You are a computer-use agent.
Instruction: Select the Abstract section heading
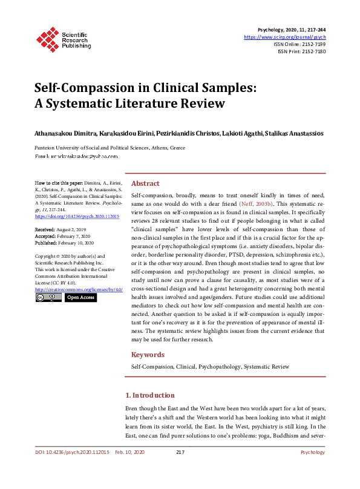145,183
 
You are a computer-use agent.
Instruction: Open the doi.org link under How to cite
68,216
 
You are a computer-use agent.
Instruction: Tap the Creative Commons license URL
79,289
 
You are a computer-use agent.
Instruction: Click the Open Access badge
80,298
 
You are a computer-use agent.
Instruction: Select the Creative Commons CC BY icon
48,298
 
